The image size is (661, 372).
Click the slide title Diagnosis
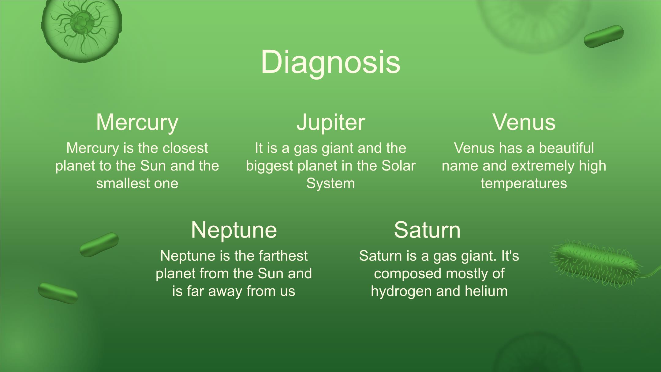330,62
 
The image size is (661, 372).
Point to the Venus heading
524,122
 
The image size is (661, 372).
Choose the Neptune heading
234,230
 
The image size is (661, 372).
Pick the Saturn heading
427,230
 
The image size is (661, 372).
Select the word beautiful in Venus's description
566,148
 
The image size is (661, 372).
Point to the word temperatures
524,184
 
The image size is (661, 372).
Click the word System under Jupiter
330,184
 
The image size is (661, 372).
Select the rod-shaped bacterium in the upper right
603,36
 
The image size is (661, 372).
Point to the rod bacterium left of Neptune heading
99,245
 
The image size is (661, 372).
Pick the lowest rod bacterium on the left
58,293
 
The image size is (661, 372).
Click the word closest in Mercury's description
185,148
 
